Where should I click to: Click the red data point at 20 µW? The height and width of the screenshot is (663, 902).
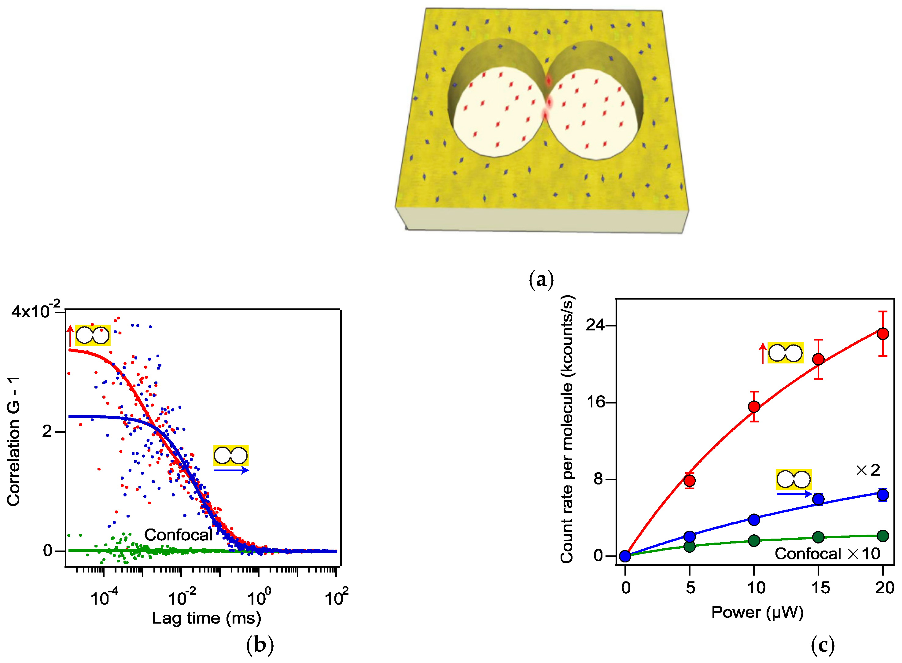tap(882, 333)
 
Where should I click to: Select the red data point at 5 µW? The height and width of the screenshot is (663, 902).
tap(689, 481)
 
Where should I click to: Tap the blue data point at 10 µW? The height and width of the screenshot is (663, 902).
tap(754, 520)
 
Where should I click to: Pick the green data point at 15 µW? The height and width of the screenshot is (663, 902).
tap(818, 537)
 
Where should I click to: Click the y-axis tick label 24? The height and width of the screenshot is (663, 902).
tap(595, 325)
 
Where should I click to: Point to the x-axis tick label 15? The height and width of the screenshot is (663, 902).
tap(820, 588)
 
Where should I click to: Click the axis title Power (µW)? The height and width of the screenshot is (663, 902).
tap(757, 613)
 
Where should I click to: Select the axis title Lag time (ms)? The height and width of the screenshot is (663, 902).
tap(207, 618)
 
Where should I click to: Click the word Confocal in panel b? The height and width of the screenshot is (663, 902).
tap(178, 535)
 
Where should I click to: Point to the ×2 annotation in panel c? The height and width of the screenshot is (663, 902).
tap(867, 470)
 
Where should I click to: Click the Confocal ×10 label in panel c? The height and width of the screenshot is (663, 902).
tap(827, 554)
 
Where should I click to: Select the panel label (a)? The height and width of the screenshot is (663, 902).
tap(541, 279)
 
